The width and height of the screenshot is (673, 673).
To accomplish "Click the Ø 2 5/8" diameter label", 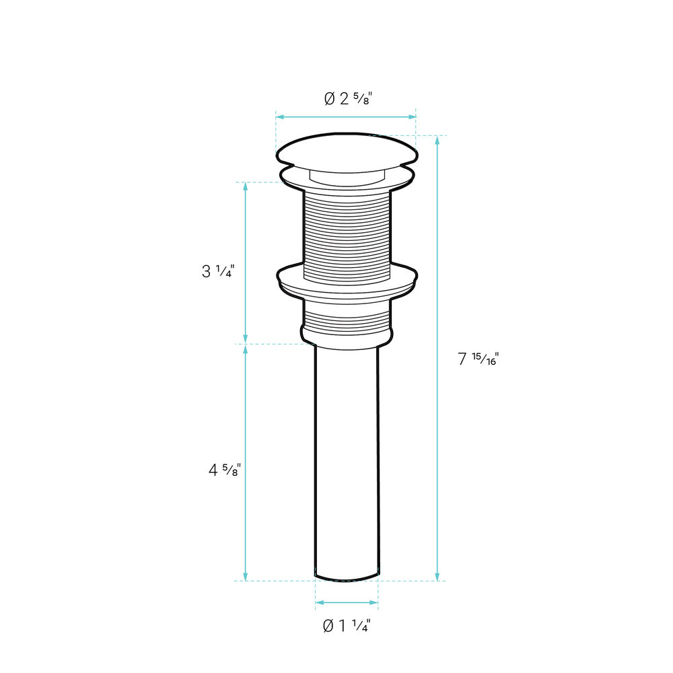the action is [347, 99].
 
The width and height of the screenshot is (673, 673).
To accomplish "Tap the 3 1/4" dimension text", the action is [218, 271].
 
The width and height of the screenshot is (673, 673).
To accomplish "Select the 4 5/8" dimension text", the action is [225, 470].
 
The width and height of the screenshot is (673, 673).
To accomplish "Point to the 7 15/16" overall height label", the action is [478, 359].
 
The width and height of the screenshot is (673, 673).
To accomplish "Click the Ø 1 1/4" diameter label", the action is [347, 626].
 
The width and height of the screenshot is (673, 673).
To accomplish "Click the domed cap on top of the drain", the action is [347, 151].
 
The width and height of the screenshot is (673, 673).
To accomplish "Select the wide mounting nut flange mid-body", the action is [347, 283].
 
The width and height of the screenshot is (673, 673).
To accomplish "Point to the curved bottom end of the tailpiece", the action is [347, 577].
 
